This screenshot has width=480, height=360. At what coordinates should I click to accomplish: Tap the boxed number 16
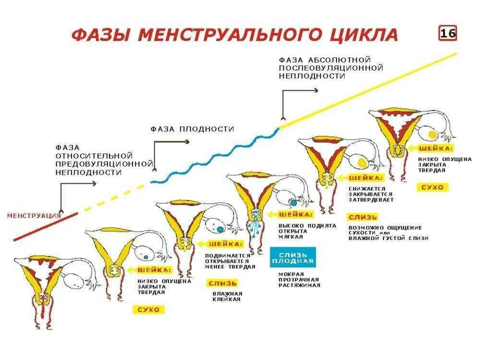pyautogui.click(x=447, y=34)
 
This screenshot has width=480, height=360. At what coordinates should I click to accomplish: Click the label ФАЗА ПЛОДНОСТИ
pyautogui.click(x=192, y=129)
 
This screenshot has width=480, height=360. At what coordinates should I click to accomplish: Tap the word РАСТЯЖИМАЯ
pyautogui.click(x=299, y=285)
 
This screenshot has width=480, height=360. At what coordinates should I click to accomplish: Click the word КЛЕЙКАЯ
pyautogui.click(x=227, y=300)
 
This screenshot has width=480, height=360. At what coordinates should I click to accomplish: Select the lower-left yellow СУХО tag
pyautogui.click(x=148, y=310)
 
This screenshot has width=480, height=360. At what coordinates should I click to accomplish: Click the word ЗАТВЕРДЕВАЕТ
pyautogui.click(x=371, y=200)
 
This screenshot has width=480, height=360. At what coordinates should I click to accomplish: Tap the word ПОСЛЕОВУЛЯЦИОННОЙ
pyautogui.click(x=325, y=68)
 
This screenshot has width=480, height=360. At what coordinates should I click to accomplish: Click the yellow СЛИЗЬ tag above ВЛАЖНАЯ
pyautogui.click(x=223, y=283)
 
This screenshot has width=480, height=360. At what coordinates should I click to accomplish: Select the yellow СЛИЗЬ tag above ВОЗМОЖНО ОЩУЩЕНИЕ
pyautogui.click(x=363, y=217)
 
